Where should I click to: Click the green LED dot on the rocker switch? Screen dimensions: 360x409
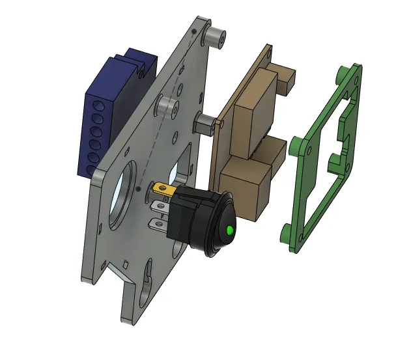(x=230, y=230)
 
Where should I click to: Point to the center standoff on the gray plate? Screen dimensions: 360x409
(x=168, y=107)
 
